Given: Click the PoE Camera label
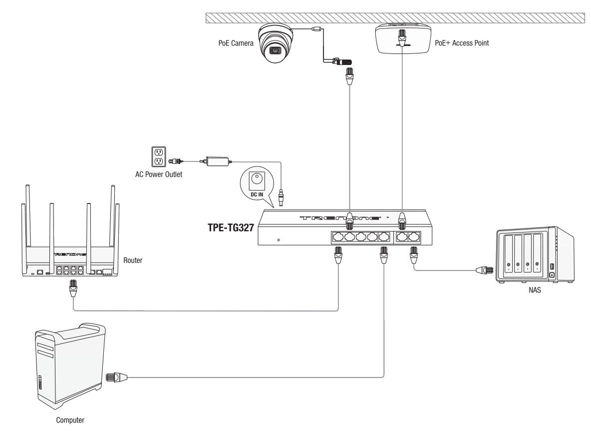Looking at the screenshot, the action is [236, 43].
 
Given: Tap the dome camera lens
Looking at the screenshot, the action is [276, 50].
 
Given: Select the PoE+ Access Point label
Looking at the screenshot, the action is [462, 43].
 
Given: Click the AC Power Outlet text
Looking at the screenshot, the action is [159, 174].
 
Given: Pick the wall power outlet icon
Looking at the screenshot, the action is [159, 156].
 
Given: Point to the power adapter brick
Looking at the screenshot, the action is [218, 161].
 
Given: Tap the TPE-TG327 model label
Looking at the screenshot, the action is [231, 227].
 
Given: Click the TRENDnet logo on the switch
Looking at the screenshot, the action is [339, 218].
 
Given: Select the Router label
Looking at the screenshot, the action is [133, 260].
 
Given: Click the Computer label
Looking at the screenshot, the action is [70, 420].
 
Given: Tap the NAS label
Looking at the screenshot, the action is [535, 290].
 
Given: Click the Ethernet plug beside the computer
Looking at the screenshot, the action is [116, 376].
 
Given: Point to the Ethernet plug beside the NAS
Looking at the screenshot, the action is [485, 270].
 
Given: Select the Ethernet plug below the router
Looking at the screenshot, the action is [73, 288].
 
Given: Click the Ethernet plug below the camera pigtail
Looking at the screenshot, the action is [350, 76].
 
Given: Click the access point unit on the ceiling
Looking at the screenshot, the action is [403, 39].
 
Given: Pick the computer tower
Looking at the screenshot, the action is [70, 365].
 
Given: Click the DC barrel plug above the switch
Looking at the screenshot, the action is [281, 198].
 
